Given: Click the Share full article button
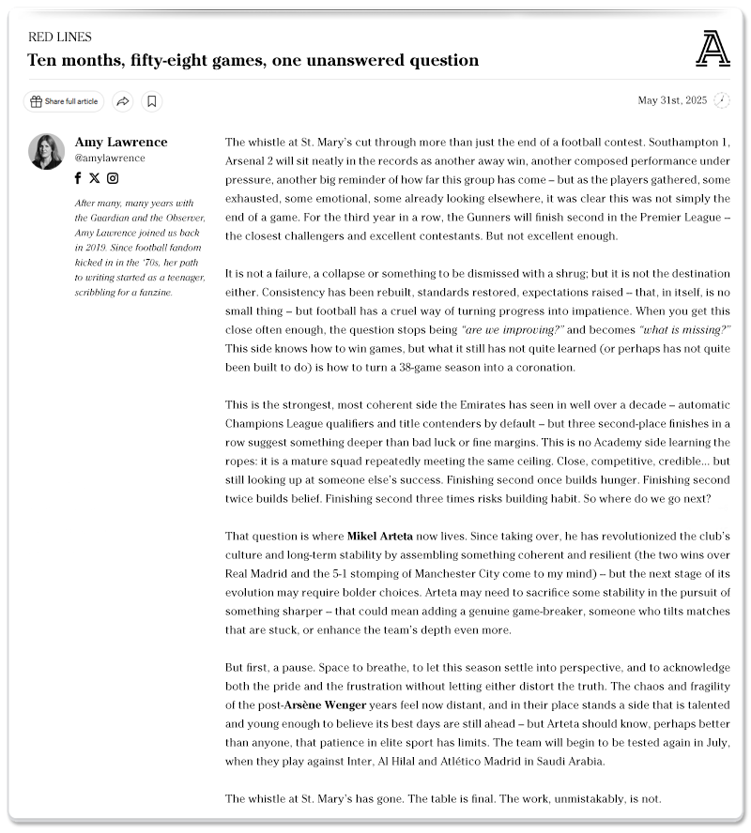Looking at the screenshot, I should pyautogui.click(x=64, y=101).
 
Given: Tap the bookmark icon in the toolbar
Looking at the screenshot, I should pyautogui.click(x=152, y=101).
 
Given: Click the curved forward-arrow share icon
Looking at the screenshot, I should pyautogui.click(x=122, y=101).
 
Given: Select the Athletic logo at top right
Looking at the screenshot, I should pyautogui.click(x=713, y=49).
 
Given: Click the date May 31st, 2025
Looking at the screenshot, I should pyautogui.click(x=672, y=100).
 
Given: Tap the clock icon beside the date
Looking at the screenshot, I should pyautogui.click(x=721, y=100).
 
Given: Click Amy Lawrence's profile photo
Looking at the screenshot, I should pyautogui.click(x=46, y=152).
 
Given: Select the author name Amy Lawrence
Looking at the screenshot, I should pyautogui.click(x=121, y=143).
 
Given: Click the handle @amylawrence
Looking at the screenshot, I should pyautogui.click(x=110, y=159).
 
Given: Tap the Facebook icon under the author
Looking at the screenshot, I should pyautogui.click(x=79, y=178).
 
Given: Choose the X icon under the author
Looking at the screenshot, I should pyautogui.click(x=95, y=178).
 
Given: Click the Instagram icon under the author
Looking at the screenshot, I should pyautogui.click(x=113, y=178).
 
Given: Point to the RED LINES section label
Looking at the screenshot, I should pyautogui.click(x=60, y=38).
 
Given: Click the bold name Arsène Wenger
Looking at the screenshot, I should pyautogui.click(x=327, y=704).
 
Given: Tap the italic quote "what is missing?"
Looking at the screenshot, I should pyautogui.click(x=684, y=330).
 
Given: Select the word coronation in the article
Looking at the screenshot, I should pyautogui.click(x=539, y=367).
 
